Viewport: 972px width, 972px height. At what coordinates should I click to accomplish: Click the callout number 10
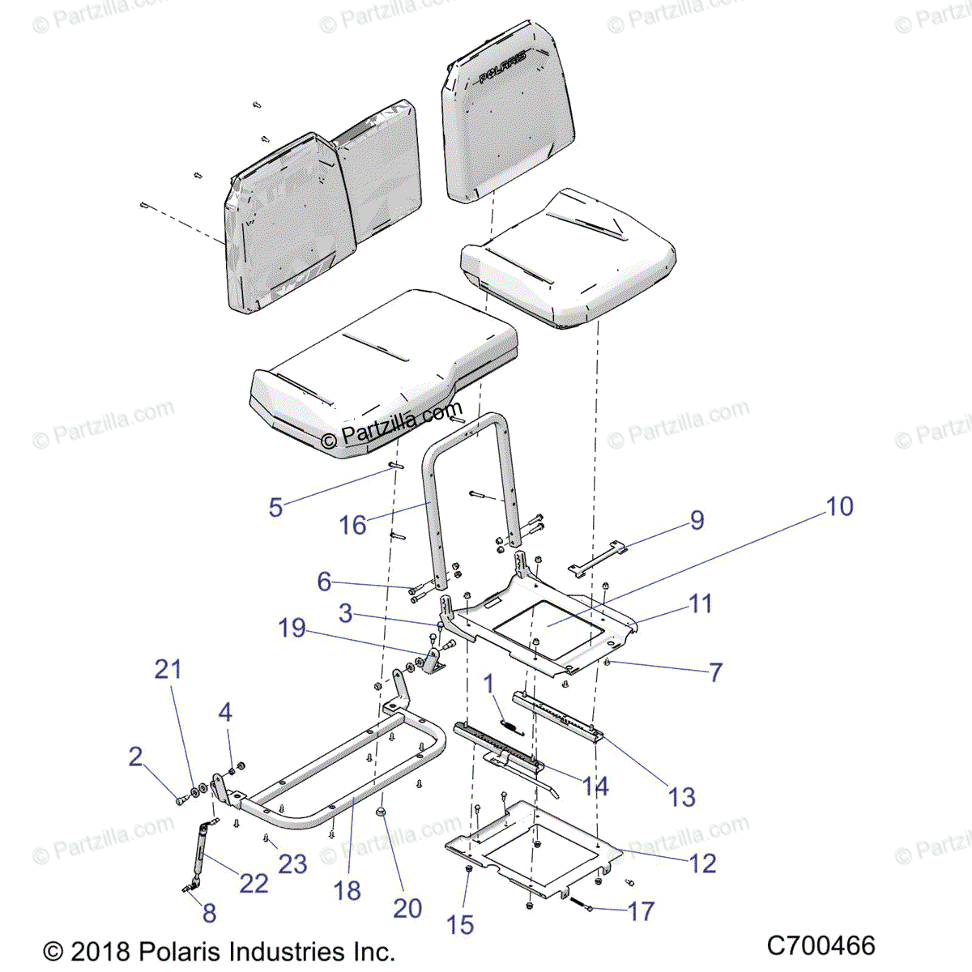839,506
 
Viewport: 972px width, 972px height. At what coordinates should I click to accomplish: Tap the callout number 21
168,669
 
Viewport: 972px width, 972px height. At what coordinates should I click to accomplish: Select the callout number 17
641,911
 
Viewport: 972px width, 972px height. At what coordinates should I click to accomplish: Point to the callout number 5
275,508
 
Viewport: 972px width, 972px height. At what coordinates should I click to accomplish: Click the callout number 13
682,797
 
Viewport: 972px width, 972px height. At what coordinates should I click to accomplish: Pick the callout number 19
292,628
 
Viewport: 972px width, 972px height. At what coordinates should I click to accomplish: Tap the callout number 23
292,863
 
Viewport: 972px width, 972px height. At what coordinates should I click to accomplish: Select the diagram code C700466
821,945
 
